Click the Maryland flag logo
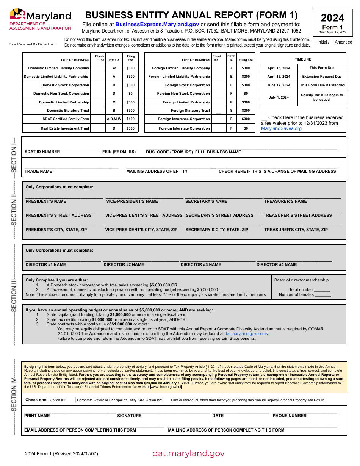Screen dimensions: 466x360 [17, 14]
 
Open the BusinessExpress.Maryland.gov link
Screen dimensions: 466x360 [157, 24]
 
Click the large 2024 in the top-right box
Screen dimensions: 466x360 [332, 18]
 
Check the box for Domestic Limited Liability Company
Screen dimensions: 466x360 [99, 68]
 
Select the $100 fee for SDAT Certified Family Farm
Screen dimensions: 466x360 [130, 119]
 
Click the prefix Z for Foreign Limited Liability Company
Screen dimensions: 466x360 [231, 68]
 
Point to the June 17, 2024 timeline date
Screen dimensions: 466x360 [279, 85]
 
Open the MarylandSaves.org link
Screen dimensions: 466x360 [281, 128]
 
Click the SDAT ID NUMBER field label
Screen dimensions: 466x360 [42, 152]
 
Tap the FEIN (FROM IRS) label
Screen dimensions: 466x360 [119, 152]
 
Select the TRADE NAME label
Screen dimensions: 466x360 [38, 172]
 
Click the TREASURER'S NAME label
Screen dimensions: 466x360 [285, 202]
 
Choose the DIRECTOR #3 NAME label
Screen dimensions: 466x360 [200, 265]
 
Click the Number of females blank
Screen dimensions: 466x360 [322, 295]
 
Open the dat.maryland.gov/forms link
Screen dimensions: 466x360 [246, 334]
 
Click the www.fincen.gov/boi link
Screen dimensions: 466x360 [166, 387]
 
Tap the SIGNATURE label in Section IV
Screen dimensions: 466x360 [129, 416]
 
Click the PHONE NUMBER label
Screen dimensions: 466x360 [290, 416]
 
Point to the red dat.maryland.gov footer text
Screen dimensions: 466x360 [188, 453]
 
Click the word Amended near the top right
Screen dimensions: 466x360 [343, 42]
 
